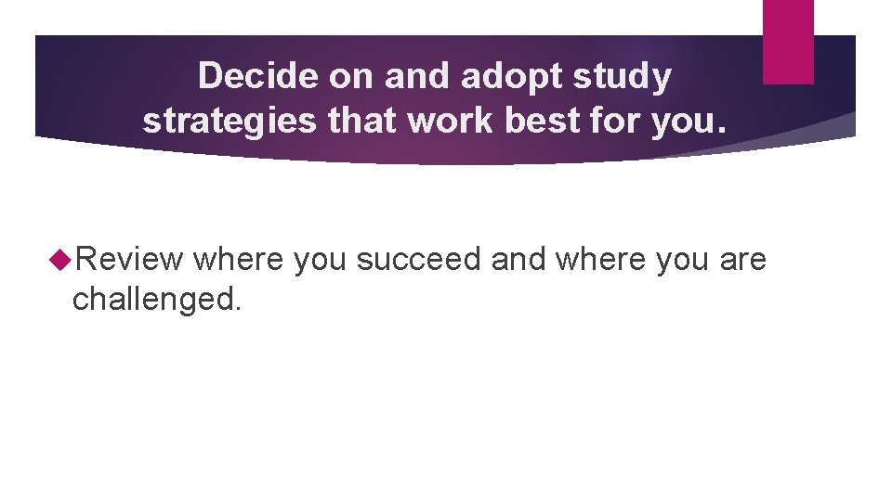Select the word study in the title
[x=623, y=76]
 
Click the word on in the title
[x=350, y=76]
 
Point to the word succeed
[x=419, y=260]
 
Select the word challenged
[x=156, y=298]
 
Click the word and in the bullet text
[x=519, y=260]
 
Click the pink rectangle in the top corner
[x=788, y=41]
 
